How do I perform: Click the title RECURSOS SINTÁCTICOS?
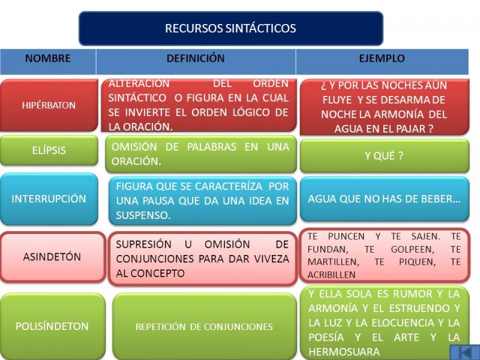[x=230, y=28]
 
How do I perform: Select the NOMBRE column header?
[x=48, y=58]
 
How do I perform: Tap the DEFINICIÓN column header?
[x=196, y=58]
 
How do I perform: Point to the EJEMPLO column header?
[x=382, y=58]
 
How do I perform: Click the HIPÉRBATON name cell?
[x=49, y=106]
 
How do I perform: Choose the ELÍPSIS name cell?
[x=49, y=151]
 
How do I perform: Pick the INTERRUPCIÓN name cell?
[x=49, y=199]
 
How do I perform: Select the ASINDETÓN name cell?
[x=53, y=257]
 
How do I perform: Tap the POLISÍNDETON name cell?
[x=52, y=326]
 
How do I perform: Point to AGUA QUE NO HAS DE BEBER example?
[x=384, y=199]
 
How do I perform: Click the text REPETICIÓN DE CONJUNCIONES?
[x=204, y=326]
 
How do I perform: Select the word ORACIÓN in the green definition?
[x=136, y=161]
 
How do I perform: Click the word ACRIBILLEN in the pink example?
[x=332, y=275]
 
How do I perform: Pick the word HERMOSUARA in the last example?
[x=344, y=352]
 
